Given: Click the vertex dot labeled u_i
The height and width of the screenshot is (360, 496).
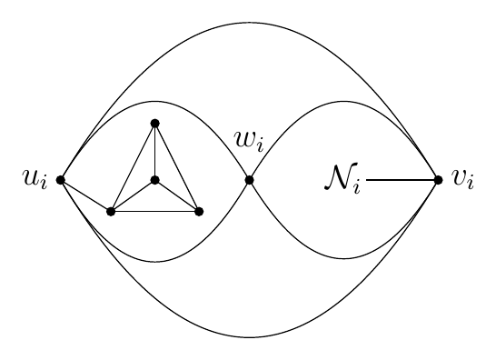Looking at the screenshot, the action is pyautogui.click(x=61, y=180).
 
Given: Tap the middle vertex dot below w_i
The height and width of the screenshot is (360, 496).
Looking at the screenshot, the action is pyautogui.click(x=249, y=180).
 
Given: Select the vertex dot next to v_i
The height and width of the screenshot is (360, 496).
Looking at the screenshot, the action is pyautogui.click(x=438, y=180).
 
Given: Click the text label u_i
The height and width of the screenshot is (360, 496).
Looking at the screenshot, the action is pyautogui.click(x=35, y=179).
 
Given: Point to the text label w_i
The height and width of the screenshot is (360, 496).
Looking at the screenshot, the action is pyautogui.click(x=249, y=141).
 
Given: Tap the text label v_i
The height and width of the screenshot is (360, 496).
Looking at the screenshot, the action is pyautogui.click(x=463, y=179).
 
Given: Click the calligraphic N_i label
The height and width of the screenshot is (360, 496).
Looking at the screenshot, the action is pyautogui.click(x=342, y=177).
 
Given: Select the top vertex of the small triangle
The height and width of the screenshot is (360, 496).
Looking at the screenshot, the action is pyautogui.click(x=154, y=124).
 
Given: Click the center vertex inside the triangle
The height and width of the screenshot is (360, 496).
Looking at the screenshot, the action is pyautogui.click(x=154, y=180).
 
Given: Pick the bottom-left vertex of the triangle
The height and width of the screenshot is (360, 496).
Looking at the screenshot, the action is pyautogui.click(x=111, y=212).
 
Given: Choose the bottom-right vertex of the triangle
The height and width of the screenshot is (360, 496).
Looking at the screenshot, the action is pyautogui.click(x=199, y=212).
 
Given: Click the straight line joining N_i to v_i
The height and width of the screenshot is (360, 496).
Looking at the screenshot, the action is pyautogui.click(x=402, y=180).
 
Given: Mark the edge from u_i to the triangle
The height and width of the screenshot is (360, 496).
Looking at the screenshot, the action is pyautogui.click(x=85, y=195).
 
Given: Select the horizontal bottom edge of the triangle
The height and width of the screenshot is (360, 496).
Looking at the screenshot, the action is pyautogui.click(x=154, y=212).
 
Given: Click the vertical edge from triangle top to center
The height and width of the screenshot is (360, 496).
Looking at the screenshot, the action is pyautogui.click(x=154, y=152).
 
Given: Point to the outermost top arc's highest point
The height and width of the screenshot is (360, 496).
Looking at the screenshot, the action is pyautogui.click(x=249, y=23).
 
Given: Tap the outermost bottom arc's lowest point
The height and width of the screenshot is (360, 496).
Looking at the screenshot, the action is pyautogui.click(x=249, y=337).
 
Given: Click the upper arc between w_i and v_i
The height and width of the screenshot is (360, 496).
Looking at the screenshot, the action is pyautogui.click(x=343, y=102).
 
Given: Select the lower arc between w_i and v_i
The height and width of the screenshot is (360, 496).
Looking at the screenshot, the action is pyautogui.click(x=343, y=259).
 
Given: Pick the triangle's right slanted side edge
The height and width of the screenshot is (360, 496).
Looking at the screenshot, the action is pyautogui.click(x=176, y=167).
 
